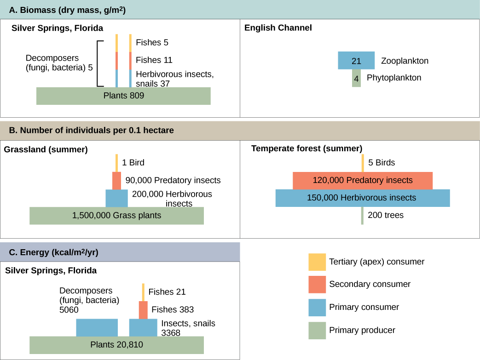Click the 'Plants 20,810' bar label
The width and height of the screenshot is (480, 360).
116,345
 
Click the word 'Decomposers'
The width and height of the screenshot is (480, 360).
86,291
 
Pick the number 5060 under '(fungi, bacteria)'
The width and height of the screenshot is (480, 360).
69,310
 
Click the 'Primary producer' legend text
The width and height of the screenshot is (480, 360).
362,330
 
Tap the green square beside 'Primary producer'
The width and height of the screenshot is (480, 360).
317,330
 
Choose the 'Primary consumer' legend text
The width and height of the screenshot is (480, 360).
364,307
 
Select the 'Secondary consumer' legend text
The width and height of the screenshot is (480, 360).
369,284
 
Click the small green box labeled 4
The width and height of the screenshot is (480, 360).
356,79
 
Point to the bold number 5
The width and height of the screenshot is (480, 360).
370,162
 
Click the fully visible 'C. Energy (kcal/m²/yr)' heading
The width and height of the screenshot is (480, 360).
53,252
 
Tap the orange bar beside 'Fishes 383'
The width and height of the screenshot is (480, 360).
143,310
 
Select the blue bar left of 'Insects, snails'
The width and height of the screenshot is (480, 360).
143,328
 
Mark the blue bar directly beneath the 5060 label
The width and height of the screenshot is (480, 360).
97,328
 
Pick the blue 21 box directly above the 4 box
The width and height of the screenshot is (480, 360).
356,61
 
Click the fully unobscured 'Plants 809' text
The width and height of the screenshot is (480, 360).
123,96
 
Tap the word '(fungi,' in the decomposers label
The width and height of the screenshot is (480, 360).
72,300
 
